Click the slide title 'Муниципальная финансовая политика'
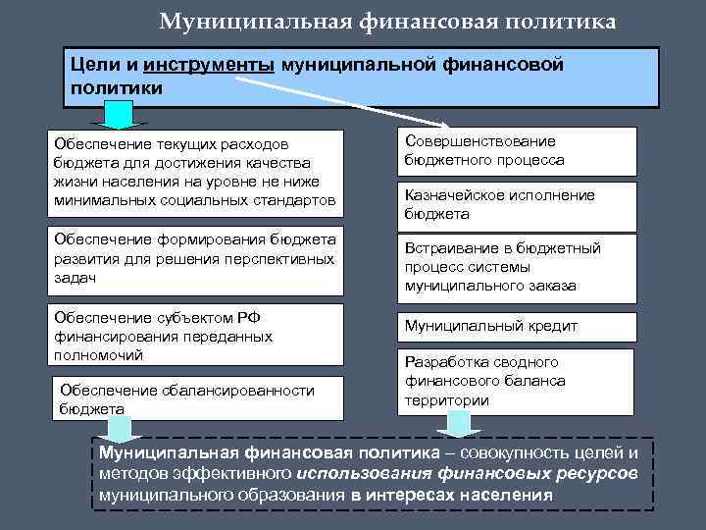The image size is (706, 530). click(x=388, y=22)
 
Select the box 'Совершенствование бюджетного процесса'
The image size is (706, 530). click(x=516, y=151)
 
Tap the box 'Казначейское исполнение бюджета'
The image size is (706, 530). click(x=516, y=204)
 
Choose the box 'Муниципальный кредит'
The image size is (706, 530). click(x=516, y=327)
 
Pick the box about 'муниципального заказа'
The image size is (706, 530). click(x=516, y=267)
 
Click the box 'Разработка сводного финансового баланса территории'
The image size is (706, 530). click(x=514, y=382)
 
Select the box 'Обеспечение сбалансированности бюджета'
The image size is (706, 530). click(x=197, y=399)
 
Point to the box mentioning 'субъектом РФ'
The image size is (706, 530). click(x=197, y=336)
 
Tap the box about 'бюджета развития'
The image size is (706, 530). click(x=197, y=258)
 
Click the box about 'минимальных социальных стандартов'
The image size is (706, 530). click(x=197, y=173)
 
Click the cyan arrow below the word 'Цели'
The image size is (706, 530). click(x=117, y=116)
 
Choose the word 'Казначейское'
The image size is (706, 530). click(x=455, y=195)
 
